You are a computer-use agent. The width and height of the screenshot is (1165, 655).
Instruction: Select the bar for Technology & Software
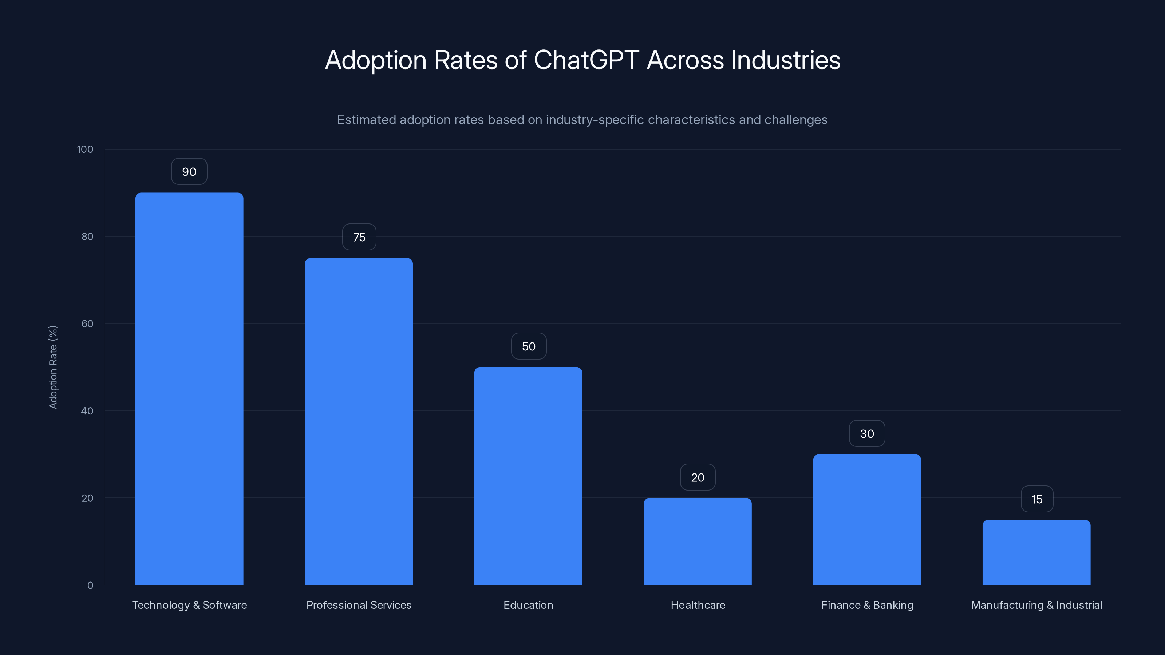click(x=189, y=389)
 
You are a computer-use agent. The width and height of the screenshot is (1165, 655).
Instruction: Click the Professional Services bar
click(x=359, y=421)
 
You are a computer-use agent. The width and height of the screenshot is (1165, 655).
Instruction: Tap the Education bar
click(x=528, y=476)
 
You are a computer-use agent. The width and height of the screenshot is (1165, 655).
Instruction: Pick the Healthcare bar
click(x=698, y=541)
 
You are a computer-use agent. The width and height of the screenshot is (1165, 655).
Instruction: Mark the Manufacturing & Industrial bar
click(x=1036, y=552)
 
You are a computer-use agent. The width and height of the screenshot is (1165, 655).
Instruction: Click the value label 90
click(x=189, y=172)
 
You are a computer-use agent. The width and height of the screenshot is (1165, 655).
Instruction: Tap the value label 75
click(x=359, y=237)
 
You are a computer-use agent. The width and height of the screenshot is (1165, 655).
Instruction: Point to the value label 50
click(x=529, y=346)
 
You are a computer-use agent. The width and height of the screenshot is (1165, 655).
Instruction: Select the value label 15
click(x=1036, y=499)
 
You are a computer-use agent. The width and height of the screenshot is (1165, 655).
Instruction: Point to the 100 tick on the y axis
click(x=85, y=149)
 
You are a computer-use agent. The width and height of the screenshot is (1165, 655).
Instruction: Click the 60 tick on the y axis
click(x=87, y=323)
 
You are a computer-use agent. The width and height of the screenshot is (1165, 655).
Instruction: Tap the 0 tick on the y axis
click(x=90, y=585)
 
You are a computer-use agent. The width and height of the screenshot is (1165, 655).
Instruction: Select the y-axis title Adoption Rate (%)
click(x=53, y=367)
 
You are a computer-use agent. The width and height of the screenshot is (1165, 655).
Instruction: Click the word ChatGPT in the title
click(x=586, y=60)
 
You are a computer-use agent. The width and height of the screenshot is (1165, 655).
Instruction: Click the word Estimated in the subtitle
click(x=366, y=120)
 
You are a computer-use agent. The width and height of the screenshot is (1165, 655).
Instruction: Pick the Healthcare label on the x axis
click(x=698, y=605)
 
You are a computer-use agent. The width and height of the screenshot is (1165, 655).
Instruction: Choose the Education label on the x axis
click(x=528, y=605)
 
